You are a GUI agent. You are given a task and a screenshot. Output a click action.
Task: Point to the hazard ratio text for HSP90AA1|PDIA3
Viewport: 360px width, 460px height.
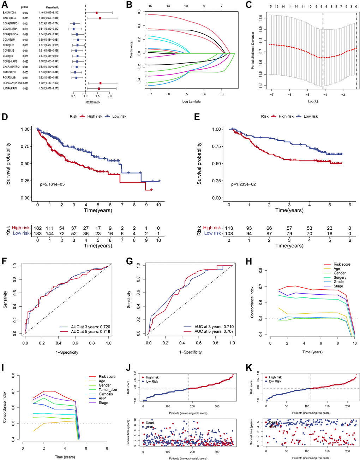coord(49,83)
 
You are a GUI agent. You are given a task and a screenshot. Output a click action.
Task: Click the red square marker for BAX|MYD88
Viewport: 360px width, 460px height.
coord(96,13)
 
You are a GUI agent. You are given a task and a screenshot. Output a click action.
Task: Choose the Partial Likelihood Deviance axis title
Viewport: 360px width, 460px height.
coord(253,50)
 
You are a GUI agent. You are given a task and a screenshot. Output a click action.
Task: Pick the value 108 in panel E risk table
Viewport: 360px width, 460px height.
coord(229,233)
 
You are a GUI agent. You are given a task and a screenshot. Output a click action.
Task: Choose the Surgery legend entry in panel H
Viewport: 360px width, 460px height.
coord(340,277)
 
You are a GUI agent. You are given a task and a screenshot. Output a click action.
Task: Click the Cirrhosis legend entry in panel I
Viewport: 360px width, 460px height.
coord(106,394)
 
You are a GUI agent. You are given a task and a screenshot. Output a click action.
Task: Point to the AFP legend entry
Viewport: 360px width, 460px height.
coord(102,399)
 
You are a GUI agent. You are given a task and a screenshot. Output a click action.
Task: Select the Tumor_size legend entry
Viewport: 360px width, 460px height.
coord(108,390)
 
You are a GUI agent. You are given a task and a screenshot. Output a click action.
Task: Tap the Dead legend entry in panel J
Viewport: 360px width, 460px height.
coord(149,423)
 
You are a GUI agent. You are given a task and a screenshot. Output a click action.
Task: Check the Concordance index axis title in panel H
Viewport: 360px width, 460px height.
coord(252,303)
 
